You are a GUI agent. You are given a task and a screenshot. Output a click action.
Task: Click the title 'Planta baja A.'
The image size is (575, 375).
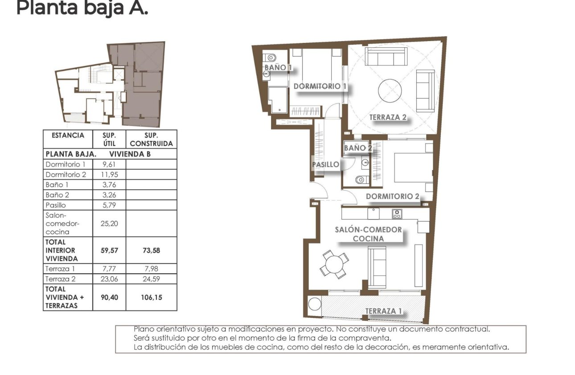tap(82, 8)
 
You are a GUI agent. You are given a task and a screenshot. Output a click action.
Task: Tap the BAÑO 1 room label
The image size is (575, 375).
tap(278, 68)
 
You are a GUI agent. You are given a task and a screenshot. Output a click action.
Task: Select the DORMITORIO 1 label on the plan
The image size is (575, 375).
tap(320, 86)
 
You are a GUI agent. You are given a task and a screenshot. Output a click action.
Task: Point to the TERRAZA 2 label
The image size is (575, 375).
tap(388, 117)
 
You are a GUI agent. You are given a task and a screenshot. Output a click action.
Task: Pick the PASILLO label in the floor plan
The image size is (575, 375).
tap(325, 164)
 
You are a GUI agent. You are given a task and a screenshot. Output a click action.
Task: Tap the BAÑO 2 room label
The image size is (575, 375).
tap(357, 148)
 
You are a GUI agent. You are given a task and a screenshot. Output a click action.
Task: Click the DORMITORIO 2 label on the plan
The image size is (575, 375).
tap(392, 196)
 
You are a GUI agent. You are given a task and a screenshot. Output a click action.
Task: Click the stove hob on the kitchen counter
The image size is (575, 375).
tap(397, 214)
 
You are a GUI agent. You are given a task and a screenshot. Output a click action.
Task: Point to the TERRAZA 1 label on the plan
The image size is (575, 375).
tap(381, 311)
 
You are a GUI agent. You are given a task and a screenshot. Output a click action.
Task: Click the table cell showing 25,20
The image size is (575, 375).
tap(109, 223)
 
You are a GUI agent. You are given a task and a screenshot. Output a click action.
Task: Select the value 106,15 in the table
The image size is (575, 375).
tap(151, 297)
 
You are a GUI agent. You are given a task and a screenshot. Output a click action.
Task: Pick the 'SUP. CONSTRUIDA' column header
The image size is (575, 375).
tap(151, 139)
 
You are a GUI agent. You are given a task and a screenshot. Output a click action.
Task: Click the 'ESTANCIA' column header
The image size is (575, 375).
tap(68, 135)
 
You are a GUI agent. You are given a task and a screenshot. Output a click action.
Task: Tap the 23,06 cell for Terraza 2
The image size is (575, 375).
tap(109, 279)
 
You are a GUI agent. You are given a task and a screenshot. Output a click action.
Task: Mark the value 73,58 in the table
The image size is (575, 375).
tap(151, 250)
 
